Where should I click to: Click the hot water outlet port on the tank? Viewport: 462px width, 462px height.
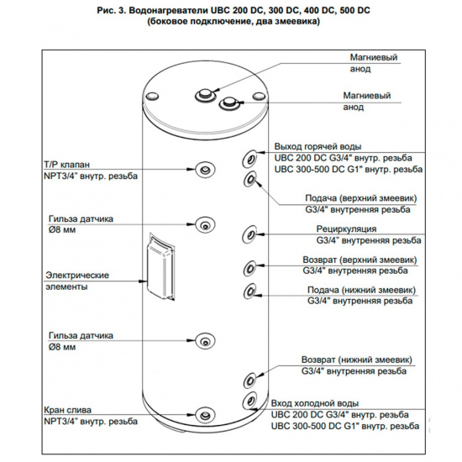tap(249, 159)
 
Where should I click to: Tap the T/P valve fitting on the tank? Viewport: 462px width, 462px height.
tap(205, 170)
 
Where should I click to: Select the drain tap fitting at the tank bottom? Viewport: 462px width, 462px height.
tap(205, 415)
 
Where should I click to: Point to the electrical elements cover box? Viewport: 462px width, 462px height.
tap(161, 266)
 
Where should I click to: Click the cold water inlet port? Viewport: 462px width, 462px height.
tap(249, 400)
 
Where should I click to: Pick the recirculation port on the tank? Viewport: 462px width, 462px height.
tap(249, 234)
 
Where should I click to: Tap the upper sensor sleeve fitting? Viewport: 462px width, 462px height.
tap(205, 225)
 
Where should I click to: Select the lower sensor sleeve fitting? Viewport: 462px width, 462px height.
tap(205, 340)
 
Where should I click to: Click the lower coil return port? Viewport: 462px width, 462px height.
tap(249, 380)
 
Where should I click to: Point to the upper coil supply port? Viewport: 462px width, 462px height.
tap(250, 179)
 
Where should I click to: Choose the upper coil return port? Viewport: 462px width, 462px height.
tap(249, 268)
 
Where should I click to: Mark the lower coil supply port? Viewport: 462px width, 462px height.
tap(250, 291)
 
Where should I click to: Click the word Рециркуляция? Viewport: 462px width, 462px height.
tap(346, 229)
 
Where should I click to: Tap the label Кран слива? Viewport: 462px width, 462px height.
tap(67, 410)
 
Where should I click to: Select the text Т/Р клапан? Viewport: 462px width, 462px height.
tap(66, 165)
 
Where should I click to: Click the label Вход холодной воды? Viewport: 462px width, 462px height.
tap(315, 403)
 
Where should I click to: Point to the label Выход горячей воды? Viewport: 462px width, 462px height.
tap(318, 146)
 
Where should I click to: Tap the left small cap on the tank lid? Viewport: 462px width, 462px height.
tap(152, 96)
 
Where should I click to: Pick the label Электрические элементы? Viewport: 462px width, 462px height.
tap(77, 281)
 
